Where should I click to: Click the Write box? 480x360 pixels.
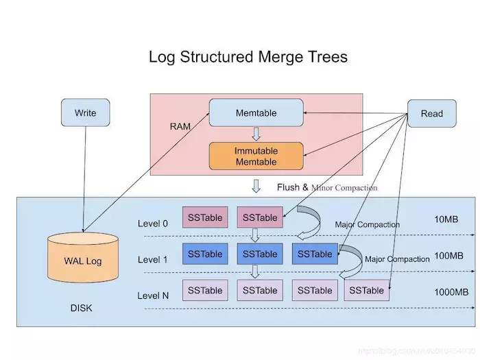point(86,112)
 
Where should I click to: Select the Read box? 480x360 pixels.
point(431,113)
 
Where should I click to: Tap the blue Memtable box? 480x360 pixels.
point(256,112)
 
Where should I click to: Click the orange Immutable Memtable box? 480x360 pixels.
point(256,156)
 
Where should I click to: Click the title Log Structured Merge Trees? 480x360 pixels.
point(248,56)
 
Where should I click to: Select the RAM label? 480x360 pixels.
point(180,127)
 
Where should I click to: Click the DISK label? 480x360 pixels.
point(81,308)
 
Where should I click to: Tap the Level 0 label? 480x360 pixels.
point(152,224)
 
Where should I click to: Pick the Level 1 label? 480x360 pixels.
point(152,260)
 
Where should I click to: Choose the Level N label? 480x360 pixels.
point(153,296)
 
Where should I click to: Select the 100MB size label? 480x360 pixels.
point(448,256)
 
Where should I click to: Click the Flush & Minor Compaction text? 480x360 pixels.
point(327,187)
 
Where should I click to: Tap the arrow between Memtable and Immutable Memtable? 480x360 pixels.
point(256,134)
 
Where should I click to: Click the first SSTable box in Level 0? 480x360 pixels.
point(205,218)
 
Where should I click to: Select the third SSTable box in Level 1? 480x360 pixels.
point(315,254)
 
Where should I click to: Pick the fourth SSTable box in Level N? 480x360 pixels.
point(366,290)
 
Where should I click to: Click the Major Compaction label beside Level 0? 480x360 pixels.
point(367,224)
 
